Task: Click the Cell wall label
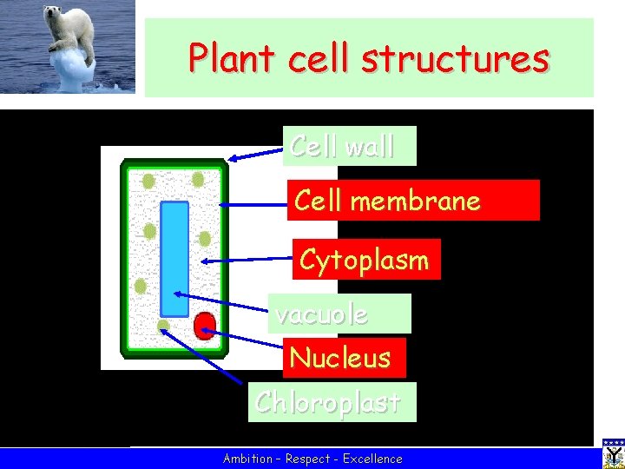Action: pos(349,146)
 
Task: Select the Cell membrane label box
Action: pos(413,201)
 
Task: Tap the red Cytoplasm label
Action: pos(365,260)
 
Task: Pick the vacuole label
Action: pos(339,314)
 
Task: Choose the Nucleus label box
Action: pos(345,357)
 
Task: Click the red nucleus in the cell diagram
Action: pos(205,326)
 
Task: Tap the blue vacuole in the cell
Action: pos(174,259)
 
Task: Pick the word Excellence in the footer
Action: pos(372,459)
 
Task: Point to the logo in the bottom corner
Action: pos(613,453)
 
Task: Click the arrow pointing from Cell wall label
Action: pos(257,154)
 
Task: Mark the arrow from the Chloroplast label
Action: pos(203,355)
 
